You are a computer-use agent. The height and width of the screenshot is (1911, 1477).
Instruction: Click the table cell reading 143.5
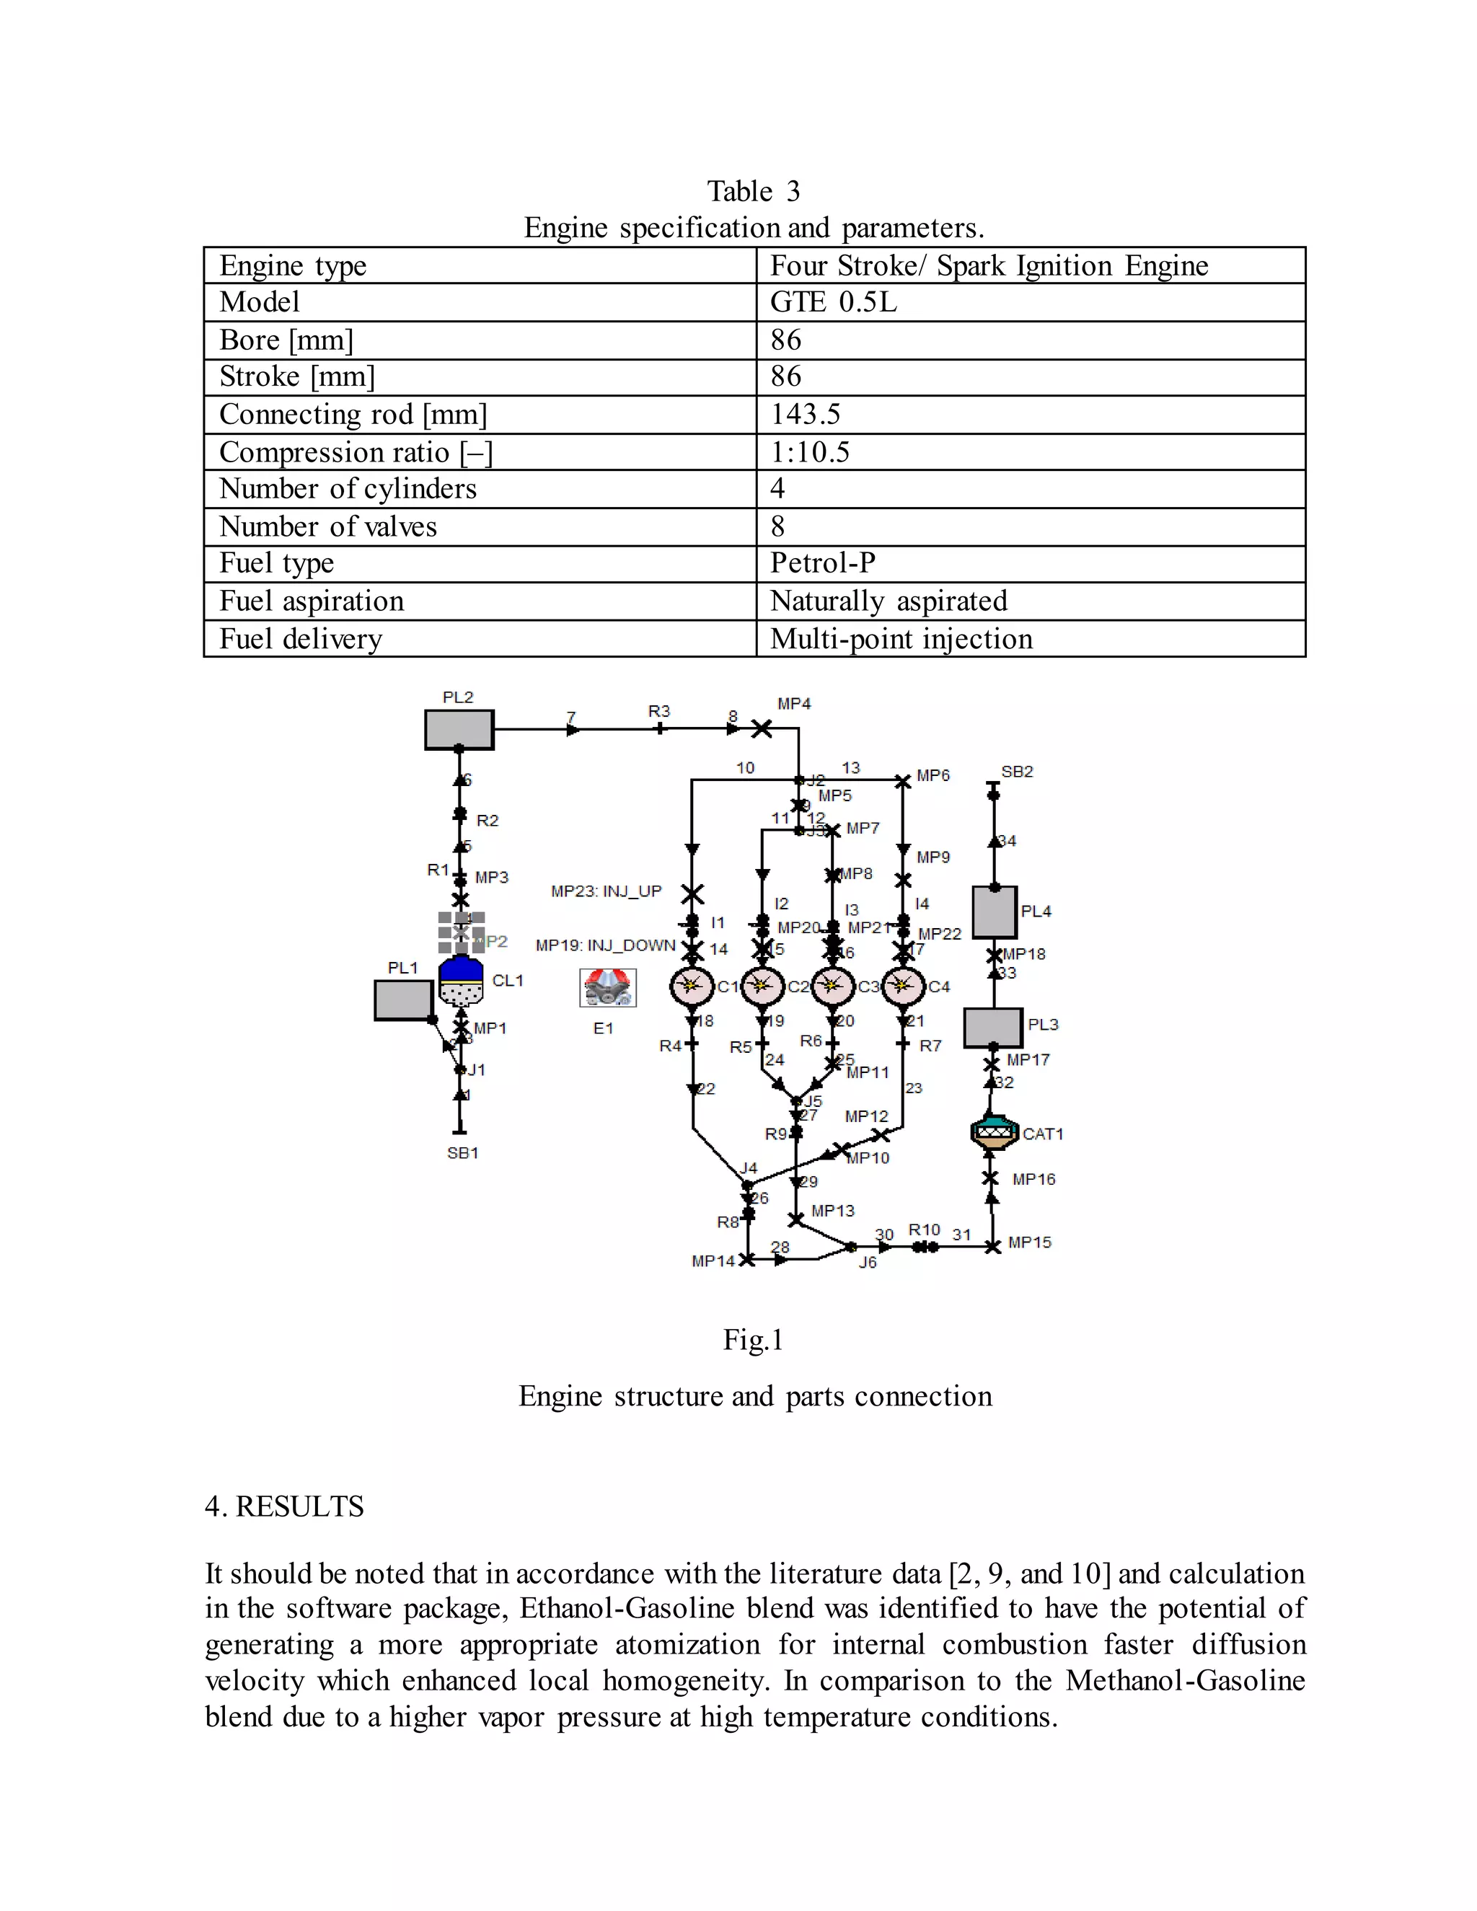click(x=805, y=414)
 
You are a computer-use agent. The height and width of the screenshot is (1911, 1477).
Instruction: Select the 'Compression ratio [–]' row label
click(x=356, y=452)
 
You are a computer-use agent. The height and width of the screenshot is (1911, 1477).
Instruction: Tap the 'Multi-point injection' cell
click(x=901, y=639)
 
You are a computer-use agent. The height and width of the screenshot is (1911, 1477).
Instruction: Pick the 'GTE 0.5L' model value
click(x=833, y=302)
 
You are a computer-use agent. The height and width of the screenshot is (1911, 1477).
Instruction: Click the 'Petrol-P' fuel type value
click(x=822, y=562)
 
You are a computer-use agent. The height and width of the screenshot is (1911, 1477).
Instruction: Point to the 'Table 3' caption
click(x=754, y=191)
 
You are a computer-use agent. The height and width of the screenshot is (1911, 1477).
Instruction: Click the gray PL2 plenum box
click(x=459, y=729)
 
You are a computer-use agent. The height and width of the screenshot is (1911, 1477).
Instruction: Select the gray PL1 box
click(x=402, y=999)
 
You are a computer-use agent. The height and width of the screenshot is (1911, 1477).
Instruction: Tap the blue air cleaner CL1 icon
click(x=461, y=981)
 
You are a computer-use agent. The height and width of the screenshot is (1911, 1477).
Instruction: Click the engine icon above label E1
click(x=607, y=988)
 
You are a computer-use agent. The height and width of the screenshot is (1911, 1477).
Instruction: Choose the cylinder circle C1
click(x=692, y=987)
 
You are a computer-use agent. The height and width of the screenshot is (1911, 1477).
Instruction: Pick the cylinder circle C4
click(x=903, y=987)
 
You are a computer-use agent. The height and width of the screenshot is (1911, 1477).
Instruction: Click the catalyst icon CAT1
click(x=994, y=1132)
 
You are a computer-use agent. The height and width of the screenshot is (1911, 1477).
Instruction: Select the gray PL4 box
click(x=994, y=912)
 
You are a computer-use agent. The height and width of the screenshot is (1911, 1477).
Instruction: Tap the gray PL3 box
click(x=993, y=1027)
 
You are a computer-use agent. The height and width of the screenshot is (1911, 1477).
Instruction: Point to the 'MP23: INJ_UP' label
click(x=607, y=891)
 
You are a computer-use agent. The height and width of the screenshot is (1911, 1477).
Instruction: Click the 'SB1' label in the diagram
click(x=463, y=1153)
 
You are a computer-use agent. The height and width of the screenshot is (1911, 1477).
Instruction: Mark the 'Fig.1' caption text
click(x=752, y=1340)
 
